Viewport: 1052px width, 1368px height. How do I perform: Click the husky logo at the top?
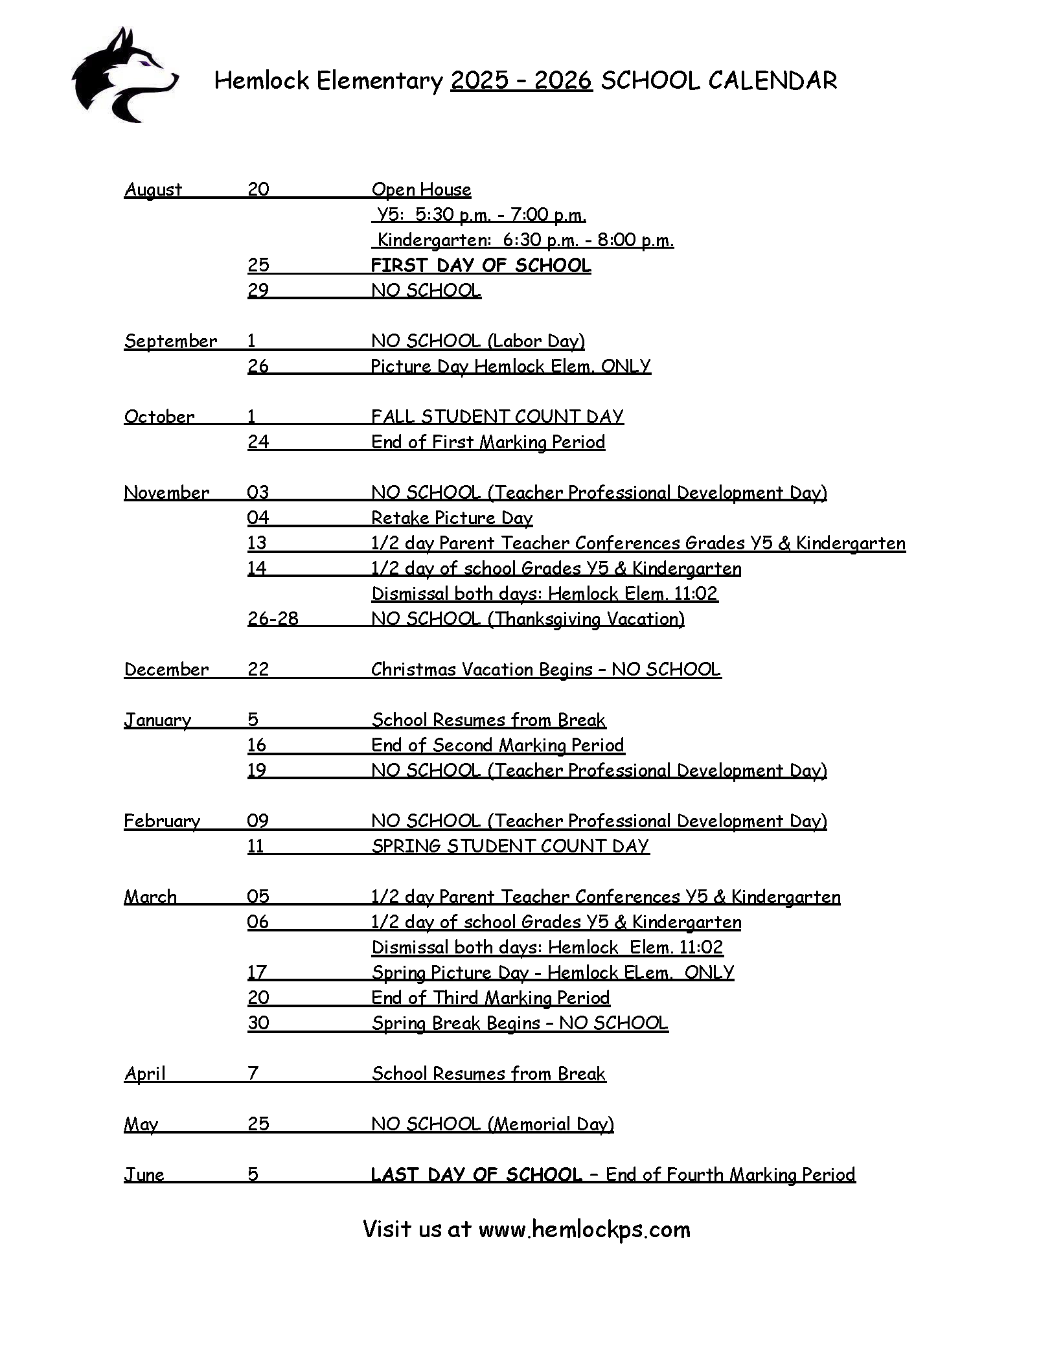click(x=123, y=76)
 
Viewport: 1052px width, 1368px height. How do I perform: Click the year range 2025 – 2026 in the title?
click(x=521, y=81)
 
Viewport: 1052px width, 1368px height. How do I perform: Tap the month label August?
click(x=153, y=190)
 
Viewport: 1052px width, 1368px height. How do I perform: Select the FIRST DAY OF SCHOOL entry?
click(x=481, y=266)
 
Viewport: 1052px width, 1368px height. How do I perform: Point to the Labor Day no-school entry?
click(x=478, y=341)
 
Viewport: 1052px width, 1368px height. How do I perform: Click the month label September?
click(x=170, y=341)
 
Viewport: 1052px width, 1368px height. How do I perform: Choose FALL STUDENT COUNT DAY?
click(x=497, y=416)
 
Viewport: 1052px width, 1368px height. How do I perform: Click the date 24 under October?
click(x=258, y=442)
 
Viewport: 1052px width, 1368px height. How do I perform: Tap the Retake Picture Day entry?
click(x=452, y=518)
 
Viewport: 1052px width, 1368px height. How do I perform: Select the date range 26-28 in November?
click(x=273, y=619)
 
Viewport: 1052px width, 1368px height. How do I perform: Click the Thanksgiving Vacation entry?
click(x=528, y=619)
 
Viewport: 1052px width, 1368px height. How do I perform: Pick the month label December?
click(x=166, y=670)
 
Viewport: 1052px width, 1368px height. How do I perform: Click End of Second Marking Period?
click(x=497, y=746)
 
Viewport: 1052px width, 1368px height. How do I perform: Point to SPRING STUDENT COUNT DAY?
click(x=510, y=847)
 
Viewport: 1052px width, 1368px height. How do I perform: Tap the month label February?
click(x=162, y=821)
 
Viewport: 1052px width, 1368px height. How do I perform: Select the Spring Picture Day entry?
click(x=553, y=972)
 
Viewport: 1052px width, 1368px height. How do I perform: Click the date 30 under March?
click(x=258, y=1023)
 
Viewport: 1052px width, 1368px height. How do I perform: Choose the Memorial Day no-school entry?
click(x=492, y=1124)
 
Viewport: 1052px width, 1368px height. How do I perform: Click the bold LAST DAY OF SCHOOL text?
click(x=476, y=1175)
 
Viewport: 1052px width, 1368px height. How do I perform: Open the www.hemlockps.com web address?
click(x=584, y=1229)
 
